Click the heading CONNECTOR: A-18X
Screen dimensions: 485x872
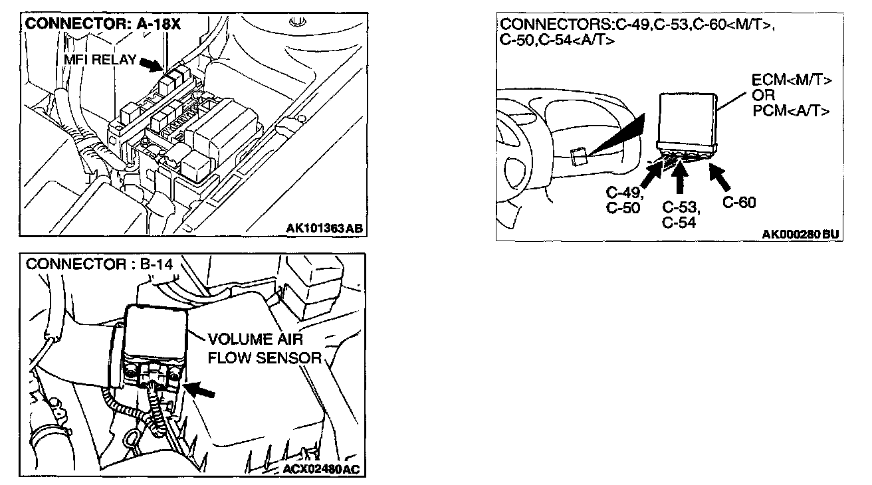102,25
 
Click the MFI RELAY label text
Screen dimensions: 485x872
100,60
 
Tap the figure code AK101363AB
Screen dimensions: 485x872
324,229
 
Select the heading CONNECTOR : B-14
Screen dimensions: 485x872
99,264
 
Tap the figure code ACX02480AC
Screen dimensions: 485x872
320,470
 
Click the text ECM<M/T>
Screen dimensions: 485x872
792,80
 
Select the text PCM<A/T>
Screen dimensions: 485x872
792,110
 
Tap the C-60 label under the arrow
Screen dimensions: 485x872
738,203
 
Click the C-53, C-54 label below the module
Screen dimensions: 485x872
679,214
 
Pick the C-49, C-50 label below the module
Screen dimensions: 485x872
623,200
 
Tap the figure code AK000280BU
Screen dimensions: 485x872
800,234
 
